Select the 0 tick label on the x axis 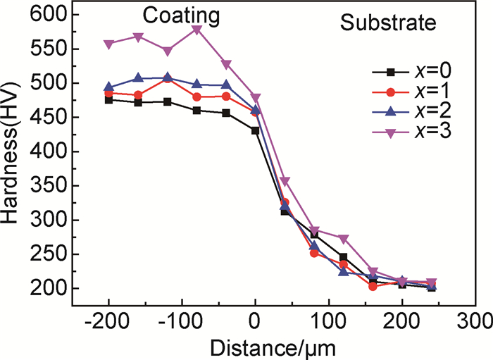255,321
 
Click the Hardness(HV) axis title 12,151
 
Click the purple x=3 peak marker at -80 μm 196,30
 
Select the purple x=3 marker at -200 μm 108,44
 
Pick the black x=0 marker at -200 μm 108,100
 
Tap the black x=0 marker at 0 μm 255,130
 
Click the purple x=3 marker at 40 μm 285,182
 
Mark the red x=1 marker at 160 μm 373,286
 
